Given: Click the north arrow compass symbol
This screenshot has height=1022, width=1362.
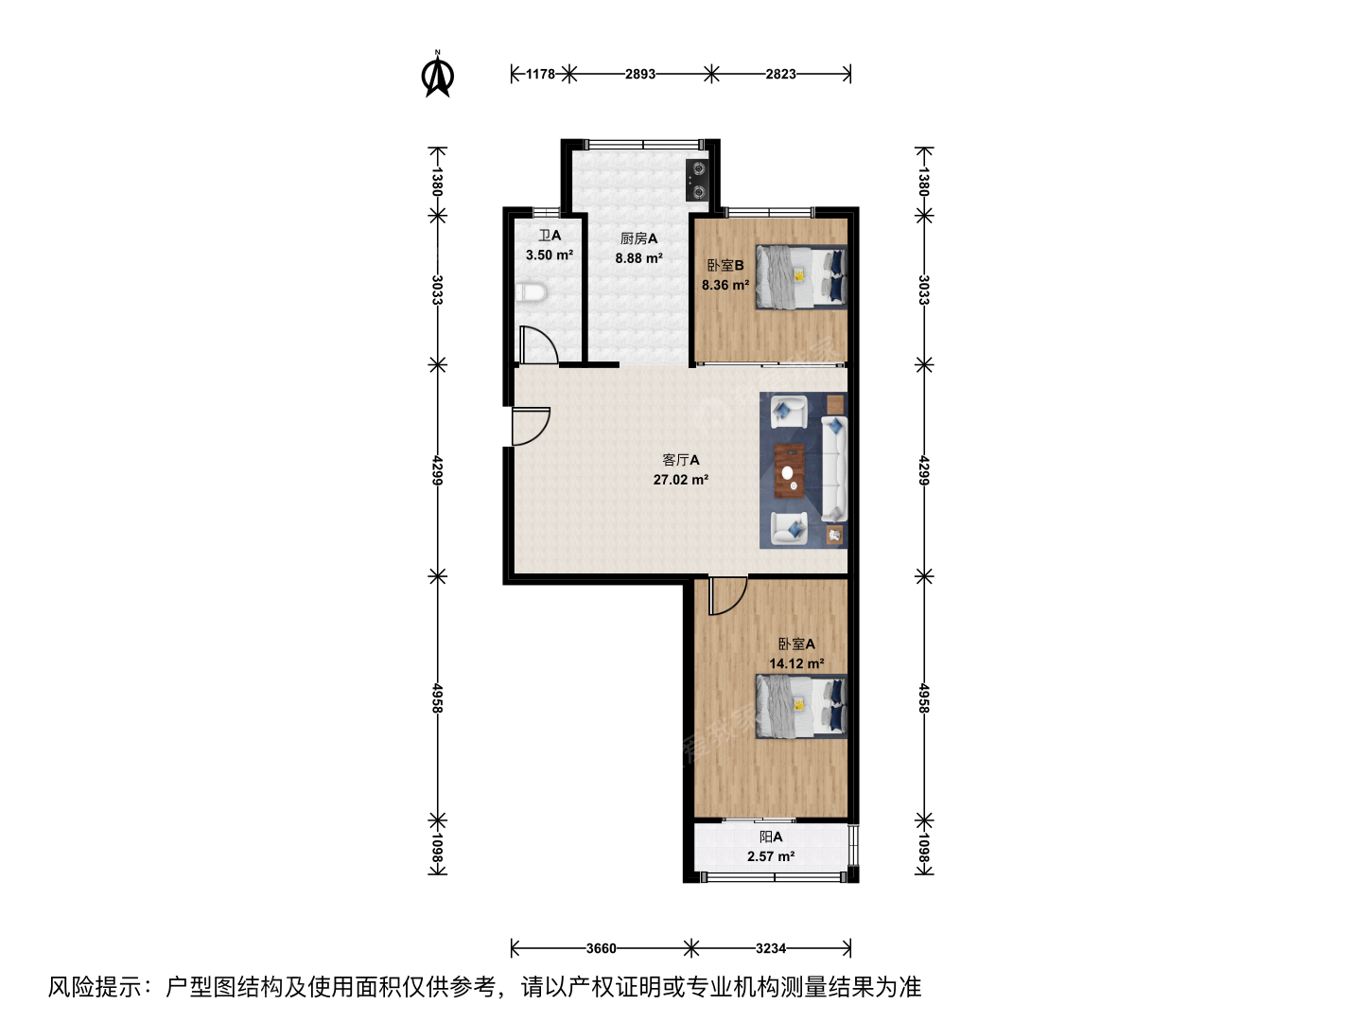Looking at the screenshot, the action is (x=438, y=75).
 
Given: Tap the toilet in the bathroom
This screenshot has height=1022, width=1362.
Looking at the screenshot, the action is (x=532, y=292).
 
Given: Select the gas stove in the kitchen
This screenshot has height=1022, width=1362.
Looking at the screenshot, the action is (x=698, y=180).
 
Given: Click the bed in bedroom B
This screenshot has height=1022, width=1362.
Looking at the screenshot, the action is (x=801, y=276).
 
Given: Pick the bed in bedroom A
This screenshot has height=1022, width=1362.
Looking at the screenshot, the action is (x=801, y=707).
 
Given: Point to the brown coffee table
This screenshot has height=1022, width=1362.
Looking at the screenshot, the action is (x=789, y=471).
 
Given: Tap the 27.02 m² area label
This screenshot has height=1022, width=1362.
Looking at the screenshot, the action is (x=681, y=480).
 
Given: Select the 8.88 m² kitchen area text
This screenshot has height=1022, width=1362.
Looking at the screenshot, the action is (x=638, y=258).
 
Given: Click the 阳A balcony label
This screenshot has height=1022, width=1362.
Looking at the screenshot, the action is (x=771, y=837).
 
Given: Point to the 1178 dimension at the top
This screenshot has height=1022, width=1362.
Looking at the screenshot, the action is (x=540, y=75).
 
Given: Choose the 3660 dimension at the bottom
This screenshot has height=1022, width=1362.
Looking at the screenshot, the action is (x=602, y=948).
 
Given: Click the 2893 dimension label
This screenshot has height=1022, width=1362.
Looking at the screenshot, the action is (x=640, y=75).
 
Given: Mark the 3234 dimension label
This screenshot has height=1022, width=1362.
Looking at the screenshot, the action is (x=771, y=948).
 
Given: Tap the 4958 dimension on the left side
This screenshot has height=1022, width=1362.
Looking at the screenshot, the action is (x=438, y=698).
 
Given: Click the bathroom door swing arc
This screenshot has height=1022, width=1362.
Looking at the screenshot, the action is (x=540, y=345).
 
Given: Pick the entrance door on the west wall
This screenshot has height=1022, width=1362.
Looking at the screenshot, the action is (x=532, y=426).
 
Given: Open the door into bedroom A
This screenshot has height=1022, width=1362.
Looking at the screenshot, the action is (x=728, y=596).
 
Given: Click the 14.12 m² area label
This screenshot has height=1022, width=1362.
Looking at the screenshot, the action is (x=796, y=663).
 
